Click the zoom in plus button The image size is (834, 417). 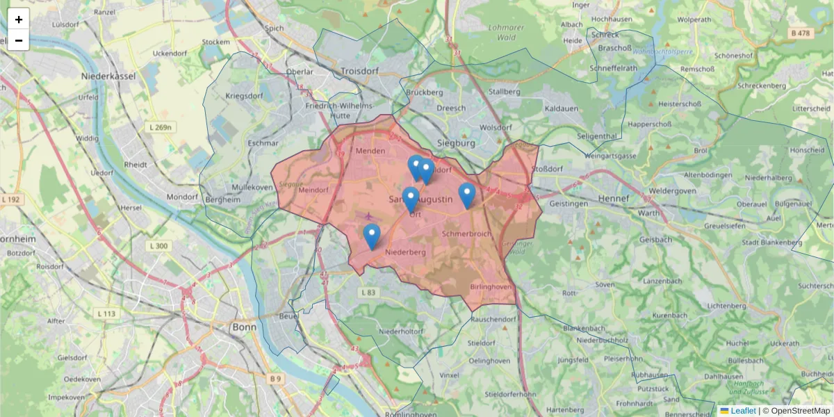(x=19, y=19)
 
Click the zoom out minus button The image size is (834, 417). (x=19, y=40)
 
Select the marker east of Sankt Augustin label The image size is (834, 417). (x=467, y=195)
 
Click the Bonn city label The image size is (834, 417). (x=245, y=327)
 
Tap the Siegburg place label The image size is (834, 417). (x=456, y=143)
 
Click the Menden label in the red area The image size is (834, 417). (x=370, y=150)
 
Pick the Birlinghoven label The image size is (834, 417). (x=491, y=287)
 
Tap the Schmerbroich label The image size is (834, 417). (x=466, y=234)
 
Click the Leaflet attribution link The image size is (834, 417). (x=743, y=411)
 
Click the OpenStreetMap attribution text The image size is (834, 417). (x=796, y=411)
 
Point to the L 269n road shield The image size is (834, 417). (x=160, y=127)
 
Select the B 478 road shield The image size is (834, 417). (x=800, y=33)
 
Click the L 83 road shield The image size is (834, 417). (x=368, y=293)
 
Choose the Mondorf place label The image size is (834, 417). (x=182, y=197)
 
